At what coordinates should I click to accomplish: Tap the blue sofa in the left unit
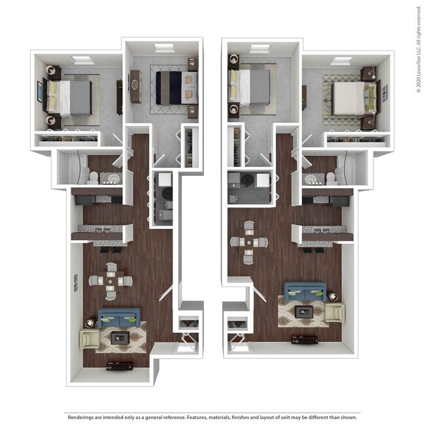pos(118,318)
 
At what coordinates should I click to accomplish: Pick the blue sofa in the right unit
pos(305,291)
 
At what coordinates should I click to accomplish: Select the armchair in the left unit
pos(89,339)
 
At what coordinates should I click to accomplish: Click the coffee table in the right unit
pos(304,312)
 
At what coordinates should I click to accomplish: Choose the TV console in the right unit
pos(305,339)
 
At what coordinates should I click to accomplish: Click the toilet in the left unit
pos(93,177)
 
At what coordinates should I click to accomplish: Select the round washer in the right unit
pos(249,180)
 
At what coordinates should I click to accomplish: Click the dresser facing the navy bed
pos(135,86)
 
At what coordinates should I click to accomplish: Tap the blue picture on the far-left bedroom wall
pos(40,95)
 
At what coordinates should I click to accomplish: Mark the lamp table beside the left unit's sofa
pos(91,322)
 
